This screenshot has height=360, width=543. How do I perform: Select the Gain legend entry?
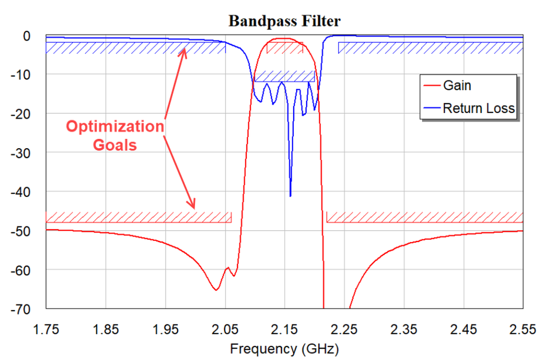coord(457,85)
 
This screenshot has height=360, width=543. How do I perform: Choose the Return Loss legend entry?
coord(478,108)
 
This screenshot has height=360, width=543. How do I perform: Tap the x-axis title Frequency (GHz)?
coord(285,349)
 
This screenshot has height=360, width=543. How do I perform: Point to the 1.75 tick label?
coord(46,329)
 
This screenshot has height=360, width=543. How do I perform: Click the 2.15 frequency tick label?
coord(285,329)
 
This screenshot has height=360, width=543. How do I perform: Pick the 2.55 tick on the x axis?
coord(523,329)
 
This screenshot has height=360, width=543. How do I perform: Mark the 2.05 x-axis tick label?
coord(225,329)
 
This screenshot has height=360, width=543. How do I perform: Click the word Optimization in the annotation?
coord(115,127)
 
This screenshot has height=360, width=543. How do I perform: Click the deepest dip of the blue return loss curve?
coord(290,196)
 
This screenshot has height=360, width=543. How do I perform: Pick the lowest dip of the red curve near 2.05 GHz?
coord(216,289)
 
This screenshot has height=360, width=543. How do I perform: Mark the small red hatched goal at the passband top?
coord(285,48)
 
